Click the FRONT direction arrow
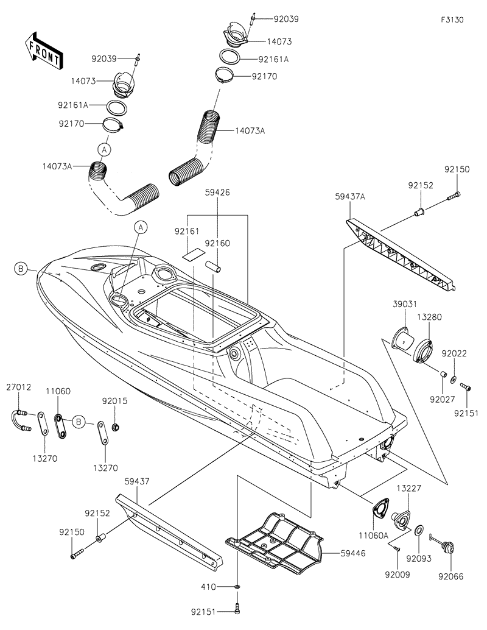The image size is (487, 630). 43,51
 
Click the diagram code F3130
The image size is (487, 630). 453,19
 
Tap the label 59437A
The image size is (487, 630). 350,197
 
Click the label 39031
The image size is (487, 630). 402,304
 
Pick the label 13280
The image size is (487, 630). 429,316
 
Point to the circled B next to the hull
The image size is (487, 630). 21,269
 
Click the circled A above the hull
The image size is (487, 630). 141,228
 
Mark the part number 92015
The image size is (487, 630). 115,401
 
